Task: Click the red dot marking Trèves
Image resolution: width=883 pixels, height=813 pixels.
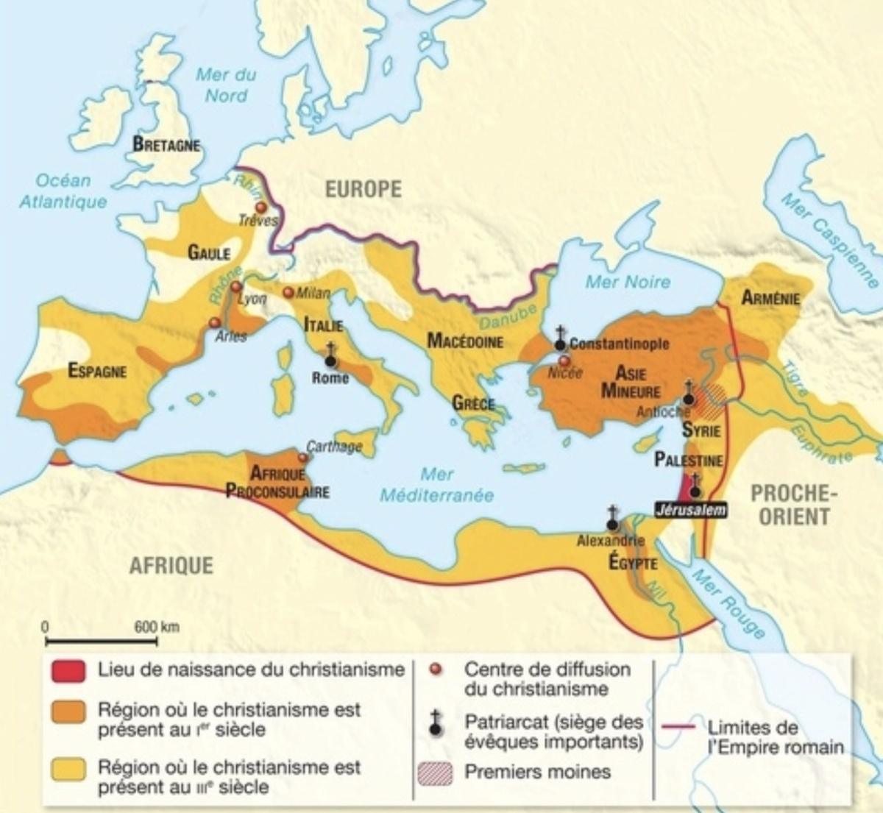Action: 260,208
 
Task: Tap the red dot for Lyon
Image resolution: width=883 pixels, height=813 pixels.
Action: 235,287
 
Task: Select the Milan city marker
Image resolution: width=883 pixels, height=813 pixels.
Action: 288,292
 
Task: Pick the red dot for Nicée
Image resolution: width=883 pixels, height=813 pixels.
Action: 564,361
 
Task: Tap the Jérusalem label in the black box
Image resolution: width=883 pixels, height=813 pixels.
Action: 691,509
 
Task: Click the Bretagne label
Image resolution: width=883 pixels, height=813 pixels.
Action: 166,144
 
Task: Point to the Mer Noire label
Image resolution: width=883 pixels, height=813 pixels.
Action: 628,281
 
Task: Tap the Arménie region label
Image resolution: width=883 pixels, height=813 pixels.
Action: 770,298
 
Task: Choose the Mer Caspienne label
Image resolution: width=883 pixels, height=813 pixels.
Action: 830,240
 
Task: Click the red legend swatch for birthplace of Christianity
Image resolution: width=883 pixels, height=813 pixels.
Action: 68,671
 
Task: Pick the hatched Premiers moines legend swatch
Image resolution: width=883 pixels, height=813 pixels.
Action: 435,773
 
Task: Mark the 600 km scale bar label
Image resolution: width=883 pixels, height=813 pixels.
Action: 157,627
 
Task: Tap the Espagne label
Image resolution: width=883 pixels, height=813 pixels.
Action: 97,371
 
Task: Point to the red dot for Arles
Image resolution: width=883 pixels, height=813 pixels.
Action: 214,322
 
